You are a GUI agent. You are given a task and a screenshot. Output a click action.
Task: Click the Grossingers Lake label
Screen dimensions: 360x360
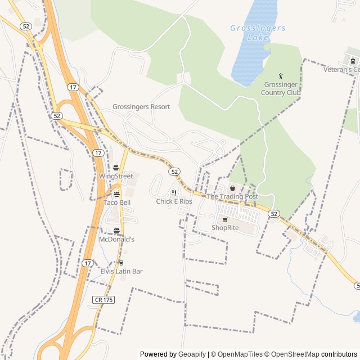tap(258, 33)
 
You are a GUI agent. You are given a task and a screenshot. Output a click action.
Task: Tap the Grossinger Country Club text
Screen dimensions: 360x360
tap(281, 88)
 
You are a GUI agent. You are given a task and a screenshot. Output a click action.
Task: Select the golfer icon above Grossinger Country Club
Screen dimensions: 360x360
tap(281, 76)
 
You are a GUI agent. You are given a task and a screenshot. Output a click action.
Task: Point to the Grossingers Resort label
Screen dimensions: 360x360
tap(141, 107)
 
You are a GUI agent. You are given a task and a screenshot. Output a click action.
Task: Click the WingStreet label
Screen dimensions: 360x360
tap(116, 176)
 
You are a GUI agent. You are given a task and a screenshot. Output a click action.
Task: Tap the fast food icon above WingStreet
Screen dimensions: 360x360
tap(116, 168)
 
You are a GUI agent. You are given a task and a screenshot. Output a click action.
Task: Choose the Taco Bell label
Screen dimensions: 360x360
tap(117, 202)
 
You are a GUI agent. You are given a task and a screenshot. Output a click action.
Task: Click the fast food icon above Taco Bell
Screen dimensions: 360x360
tap(116, 194)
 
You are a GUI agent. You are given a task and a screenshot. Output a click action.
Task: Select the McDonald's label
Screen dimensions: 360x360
tap(116, 239)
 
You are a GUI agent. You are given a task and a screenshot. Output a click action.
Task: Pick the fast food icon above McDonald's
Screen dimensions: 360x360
tap(116, 231)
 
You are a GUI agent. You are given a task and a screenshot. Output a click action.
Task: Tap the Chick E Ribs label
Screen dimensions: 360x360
tap(174, 201)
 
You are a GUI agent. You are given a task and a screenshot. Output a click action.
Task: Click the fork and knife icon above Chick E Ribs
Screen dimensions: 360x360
tap(174, 193)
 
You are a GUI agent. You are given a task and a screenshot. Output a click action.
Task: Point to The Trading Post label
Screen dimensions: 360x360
tap(232, 196)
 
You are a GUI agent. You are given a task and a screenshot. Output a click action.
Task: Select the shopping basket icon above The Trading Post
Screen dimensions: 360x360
tap(232, 188)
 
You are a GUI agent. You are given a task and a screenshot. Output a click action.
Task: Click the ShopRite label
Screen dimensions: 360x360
tap(225, 228)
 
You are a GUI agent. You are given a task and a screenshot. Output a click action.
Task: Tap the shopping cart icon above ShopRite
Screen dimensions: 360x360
tap(225, 220)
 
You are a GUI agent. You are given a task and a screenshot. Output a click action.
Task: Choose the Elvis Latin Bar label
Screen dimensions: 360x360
tap(121, 271)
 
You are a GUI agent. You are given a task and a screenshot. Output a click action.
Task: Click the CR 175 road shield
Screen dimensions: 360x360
tap(103, 300)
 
